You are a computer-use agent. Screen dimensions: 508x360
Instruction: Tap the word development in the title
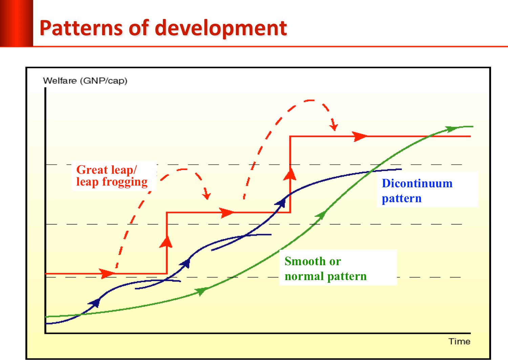tap(221, 28)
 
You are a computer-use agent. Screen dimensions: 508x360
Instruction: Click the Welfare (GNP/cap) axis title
tap(85, 81)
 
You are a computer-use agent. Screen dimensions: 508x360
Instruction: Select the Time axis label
tap(459, 341)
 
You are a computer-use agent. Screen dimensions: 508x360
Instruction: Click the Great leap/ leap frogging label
tap(112, 176)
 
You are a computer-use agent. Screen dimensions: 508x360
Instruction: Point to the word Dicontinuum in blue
tap(417, 183)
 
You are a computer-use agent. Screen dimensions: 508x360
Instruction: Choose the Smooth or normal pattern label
tap(325, 269)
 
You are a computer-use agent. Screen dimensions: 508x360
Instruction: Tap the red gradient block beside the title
tap(17, 23)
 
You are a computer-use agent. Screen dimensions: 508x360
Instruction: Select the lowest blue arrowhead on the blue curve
tap(94, 303)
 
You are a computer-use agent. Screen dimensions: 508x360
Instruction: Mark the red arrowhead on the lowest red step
tap(107, 274)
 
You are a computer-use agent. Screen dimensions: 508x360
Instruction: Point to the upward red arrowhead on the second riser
tap(290, 174)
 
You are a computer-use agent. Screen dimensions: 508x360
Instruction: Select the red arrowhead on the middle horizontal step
tap(227, 213)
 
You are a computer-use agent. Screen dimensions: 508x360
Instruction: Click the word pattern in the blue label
tap(402, 199)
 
